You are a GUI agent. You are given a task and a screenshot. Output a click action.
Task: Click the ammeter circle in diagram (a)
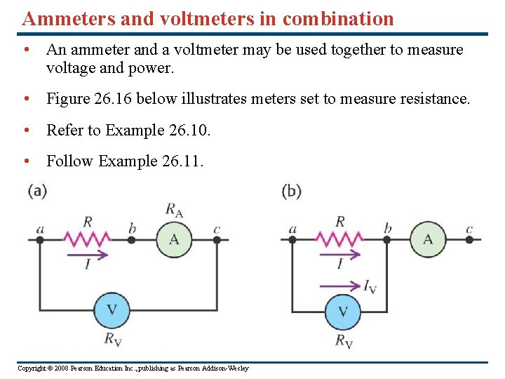[x=174, y=239]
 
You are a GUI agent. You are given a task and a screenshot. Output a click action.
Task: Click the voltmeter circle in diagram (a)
[x=112, y=310]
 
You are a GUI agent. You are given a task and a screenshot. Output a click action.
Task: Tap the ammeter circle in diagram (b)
[x=428, y=239]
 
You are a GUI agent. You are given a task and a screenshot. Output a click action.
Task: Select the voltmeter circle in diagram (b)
[x=343, y=311]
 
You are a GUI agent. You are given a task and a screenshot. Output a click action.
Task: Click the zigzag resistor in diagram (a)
[x=88, y=239]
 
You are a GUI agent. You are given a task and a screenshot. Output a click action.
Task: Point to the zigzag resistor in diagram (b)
[x=340, y=239]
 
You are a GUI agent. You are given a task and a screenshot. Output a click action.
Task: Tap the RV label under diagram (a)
[x=112, y=340]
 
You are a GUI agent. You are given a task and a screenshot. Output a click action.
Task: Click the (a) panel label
[x=38, y=191]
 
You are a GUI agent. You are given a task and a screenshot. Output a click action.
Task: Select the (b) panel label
[x=291, y=191]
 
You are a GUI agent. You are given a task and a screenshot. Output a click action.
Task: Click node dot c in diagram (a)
[x=217, y=239]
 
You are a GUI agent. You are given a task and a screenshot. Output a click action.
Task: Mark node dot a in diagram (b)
[x=292, y=239]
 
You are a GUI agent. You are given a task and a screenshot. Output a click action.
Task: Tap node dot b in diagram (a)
[x=132, y=239]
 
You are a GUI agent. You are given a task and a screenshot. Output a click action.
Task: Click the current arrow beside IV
[x=340, y=285]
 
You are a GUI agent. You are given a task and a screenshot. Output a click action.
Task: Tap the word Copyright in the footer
[x=32, y=368]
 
